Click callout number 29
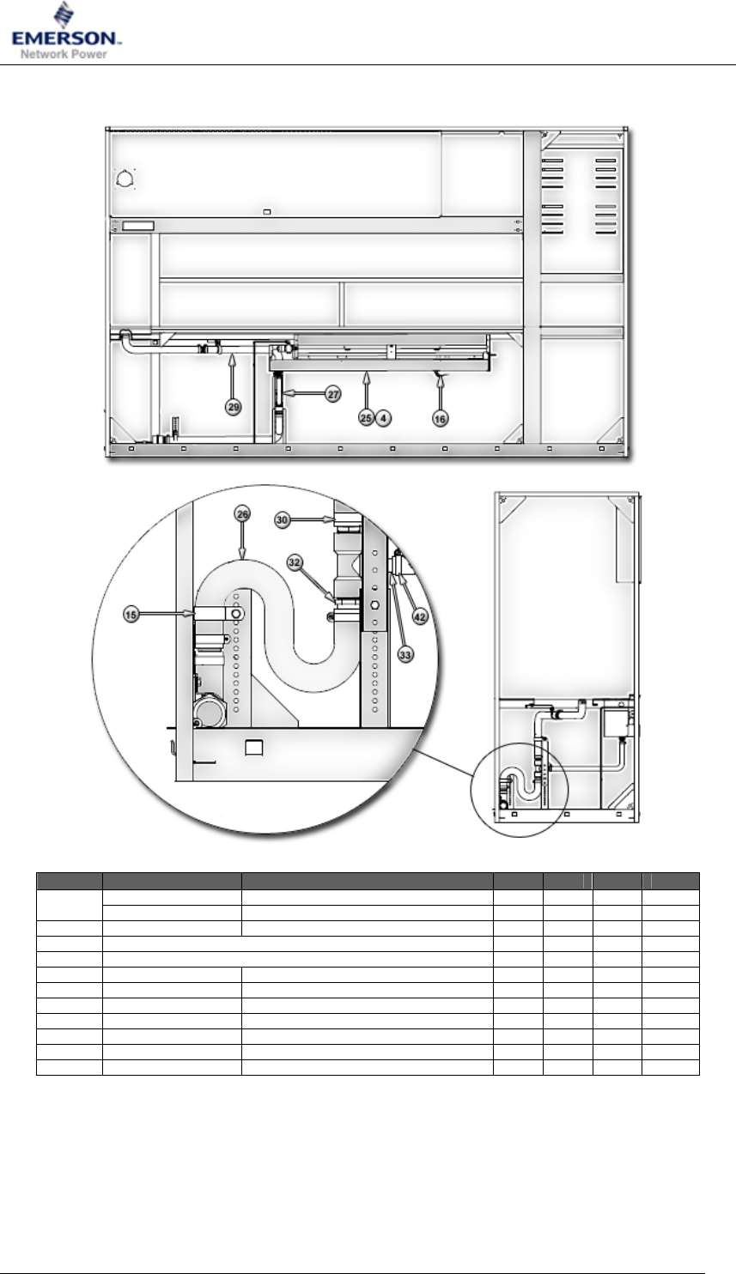[234, 407]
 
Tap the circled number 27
[333, 393]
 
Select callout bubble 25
[367, 418]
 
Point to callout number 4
[383, 418]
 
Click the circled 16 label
[441, 419]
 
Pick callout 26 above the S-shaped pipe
[243, 514]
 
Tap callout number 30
[282, 520]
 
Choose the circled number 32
[294, 562]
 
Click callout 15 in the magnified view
[131, 615]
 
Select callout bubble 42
[420, 617]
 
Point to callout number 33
[405, 655]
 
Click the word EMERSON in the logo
[66, 39]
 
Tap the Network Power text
[64, 54]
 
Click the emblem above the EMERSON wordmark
[64, 15]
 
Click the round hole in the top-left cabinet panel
[125, 179]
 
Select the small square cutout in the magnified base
[253, 748]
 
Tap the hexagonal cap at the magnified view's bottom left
[210, 712]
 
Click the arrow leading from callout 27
[304, 393]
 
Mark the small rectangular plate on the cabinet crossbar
[138, 226]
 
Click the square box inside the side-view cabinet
[615, 723]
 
